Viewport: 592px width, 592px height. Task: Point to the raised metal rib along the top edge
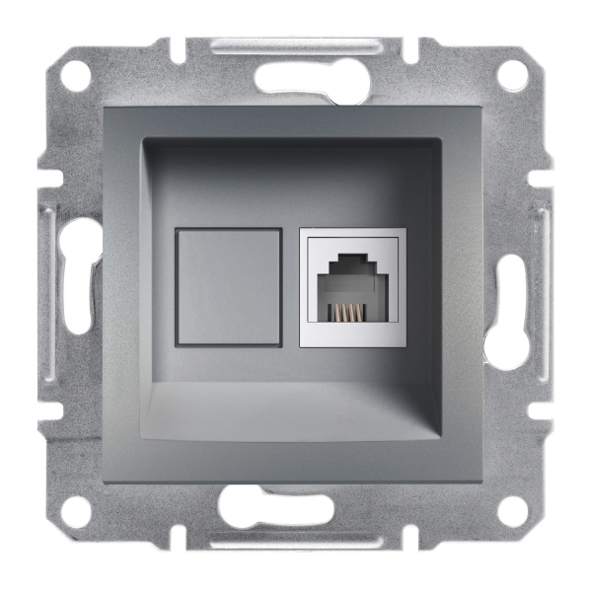click(x=296, y=45)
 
